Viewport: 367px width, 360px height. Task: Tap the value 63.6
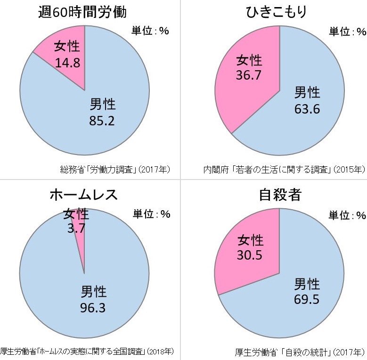(307, 108)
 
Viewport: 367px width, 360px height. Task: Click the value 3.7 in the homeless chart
(76, 229)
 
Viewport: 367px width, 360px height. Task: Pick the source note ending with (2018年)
(87, 352)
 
